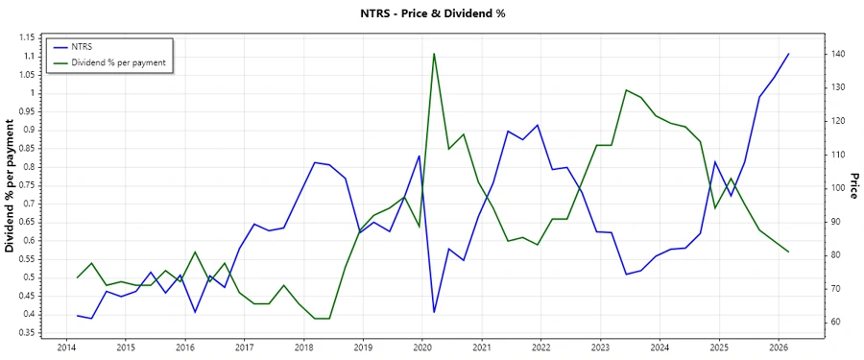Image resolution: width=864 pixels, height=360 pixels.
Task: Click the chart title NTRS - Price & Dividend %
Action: pyautogui.click(x=431, y=13)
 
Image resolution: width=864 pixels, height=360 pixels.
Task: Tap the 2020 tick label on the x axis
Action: pyautogui.click(x=422, y=348)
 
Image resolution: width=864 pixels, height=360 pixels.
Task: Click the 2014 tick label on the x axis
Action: pyautogui.click(x=66, y=348)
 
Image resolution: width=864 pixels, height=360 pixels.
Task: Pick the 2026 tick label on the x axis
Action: pyautogui.click(x=779, y=348)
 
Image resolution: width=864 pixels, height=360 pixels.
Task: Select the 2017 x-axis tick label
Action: pyautogui.click(x=244, y=348)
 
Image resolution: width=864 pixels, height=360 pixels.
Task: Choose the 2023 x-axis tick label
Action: pyautogui.click(x=600, y=348)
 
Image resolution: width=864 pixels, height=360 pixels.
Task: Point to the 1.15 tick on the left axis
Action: pyautogui.click(x=26, y=37)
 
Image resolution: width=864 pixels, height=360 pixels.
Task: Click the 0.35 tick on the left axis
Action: pyautogui.click(x=26, y=333)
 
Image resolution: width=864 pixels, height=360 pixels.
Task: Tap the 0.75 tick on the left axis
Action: pyautogui.click(x=26, y=185)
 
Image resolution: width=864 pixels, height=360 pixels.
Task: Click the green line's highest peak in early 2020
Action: pyautogui.click(x=434, y=54)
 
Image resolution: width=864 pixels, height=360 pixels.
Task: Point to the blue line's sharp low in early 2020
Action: pyautogui.click(x=434, y=312)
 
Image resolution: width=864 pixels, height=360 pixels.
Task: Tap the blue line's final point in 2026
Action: pyautogui.click(x=788, y=55)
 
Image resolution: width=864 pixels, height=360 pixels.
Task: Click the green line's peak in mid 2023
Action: pyautogui.click(x=626, y=90)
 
